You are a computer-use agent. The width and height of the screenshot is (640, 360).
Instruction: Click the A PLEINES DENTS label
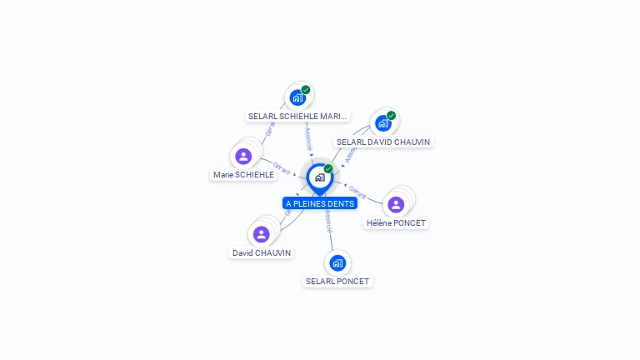pos(320,203)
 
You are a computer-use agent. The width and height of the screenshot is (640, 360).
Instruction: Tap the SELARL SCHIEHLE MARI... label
pos(298,117)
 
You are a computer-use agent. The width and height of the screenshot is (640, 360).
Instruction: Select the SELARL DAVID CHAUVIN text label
pos(382,142)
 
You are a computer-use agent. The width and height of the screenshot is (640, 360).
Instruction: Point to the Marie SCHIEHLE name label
pos(243,175)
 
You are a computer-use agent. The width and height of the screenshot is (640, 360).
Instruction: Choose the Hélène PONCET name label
pos(396,223)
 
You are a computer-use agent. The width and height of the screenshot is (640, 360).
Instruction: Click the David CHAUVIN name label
pos(262,252)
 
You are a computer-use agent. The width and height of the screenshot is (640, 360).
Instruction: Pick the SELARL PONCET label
pos(337,282)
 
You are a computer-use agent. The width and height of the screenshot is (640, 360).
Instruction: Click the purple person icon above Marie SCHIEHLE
pos(243,156)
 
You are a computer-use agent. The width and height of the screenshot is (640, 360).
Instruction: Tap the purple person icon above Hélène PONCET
pos(396,204)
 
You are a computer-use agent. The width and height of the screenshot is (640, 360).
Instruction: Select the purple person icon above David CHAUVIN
pos(262,234)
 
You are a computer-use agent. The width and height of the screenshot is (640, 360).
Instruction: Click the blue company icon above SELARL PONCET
pos(337,263)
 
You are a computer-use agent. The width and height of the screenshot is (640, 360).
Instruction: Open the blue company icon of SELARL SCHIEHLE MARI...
pos(297,97)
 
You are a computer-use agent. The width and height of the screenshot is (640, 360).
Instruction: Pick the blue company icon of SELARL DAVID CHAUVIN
pos(382,123)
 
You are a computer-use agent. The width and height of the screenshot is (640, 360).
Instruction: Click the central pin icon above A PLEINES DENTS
pos(319,177)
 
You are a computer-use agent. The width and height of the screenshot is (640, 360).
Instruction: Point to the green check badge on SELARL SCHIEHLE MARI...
pos(306,90)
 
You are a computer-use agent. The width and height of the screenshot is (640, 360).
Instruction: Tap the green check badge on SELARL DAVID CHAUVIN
pos(391,116)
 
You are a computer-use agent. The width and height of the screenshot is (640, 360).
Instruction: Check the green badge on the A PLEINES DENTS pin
pos(328,168)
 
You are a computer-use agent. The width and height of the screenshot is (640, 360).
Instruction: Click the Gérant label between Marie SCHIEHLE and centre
pos(282,168)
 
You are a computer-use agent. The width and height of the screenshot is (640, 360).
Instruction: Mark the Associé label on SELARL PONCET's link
pos(329,221)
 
